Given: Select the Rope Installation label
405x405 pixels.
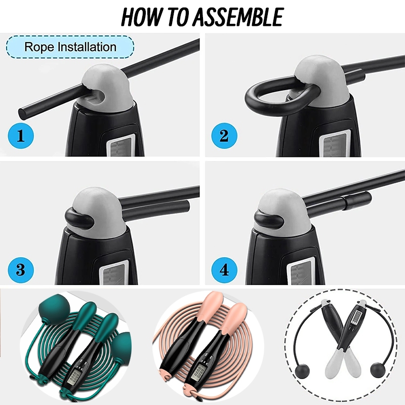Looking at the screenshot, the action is [70, 47].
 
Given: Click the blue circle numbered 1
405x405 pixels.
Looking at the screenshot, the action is [21, 135].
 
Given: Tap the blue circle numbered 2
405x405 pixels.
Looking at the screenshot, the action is [224, 135].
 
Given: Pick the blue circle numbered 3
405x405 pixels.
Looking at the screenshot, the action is [21, 270].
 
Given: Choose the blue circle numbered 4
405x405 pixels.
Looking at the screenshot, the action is [224, 270].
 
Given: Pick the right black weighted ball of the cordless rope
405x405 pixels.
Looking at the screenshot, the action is [377, 370].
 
